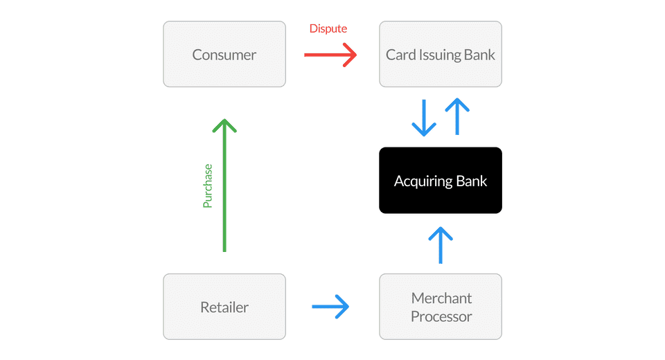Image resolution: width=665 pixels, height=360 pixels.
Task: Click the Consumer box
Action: [224, 54]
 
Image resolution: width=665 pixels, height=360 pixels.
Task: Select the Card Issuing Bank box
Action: [441, 54]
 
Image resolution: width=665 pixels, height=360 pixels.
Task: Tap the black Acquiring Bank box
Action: [441, 180]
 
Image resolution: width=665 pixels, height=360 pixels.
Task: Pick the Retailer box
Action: [224, 307]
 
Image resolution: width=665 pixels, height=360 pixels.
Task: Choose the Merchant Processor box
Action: [441, 307]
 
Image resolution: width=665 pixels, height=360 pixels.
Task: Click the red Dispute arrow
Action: [330, 55]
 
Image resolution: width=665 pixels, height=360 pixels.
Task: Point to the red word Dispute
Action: [328, 28]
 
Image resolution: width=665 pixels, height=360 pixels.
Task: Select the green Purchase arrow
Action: [224, 186]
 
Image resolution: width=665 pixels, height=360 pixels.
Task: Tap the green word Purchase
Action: [207, 186]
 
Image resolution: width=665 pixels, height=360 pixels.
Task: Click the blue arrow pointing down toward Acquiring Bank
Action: [424, 118]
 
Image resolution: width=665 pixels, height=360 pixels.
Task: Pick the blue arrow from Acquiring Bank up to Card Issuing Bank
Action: [457, 116]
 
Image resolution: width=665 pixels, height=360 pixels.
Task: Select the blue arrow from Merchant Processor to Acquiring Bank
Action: [441, 245]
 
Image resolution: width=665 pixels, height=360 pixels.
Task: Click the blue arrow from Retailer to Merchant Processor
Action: [330, 307]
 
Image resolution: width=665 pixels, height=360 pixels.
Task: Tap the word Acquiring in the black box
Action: [423, 181]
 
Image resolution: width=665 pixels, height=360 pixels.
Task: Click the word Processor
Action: [441, 316]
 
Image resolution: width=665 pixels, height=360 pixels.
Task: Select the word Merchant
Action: [441, 298]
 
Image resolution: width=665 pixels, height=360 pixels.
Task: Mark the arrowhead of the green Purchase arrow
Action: [224, 125]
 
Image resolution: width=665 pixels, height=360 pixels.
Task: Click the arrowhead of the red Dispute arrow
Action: [350, 55]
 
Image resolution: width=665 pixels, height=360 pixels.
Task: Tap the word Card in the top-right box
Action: [401, 55]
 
